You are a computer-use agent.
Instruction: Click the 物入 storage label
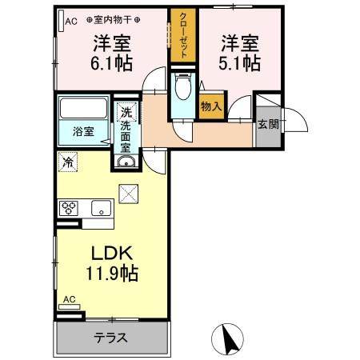211,106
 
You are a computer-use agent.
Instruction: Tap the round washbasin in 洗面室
126,163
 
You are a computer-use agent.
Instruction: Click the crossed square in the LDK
128,193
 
